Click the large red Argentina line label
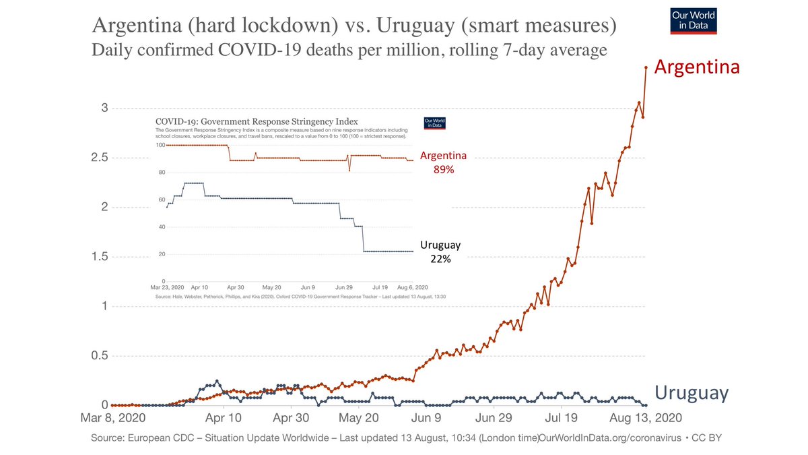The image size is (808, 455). click(x=697, y=67)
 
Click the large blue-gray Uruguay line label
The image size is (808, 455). click(x=692, y=393)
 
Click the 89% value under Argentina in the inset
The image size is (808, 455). click(x=443, y=171)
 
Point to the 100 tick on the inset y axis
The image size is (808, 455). click(x=160, y=145)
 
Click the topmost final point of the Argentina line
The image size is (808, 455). click(x=646, y=67)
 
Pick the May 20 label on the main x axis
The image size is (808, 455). click(x=359, y=419)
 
